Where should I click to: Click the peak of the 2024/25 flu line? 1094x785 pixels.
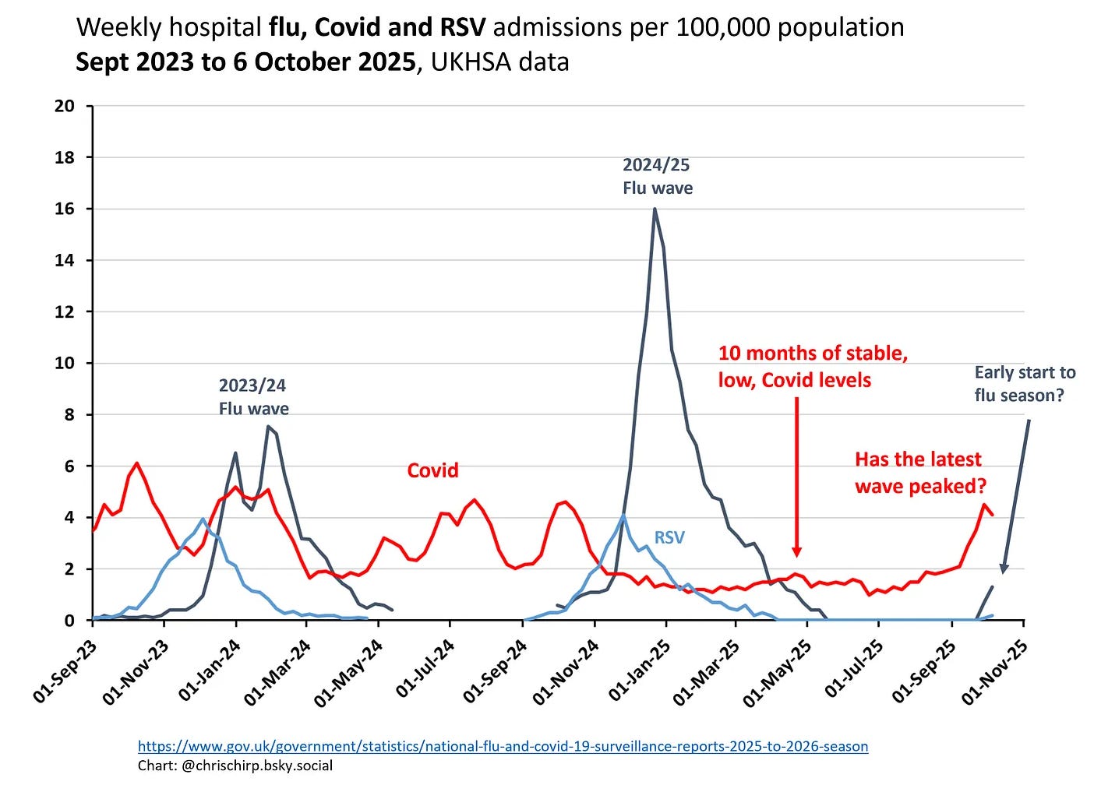coord(655,209)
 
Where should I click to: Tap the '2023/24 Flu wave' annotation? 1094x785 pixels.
coord(253,397)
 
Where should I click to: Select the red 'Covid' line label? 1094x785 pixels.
coord(432,470)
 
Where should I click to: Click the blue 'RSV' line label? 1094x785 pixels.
coord(669,537)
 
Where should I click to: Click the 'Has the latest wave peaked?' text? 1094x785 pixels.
coord(920,473)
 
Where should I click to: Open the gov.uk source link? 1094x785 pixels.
coord(503,746)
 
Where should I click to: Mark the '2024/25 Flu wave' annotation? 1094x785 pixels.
coord(657,176)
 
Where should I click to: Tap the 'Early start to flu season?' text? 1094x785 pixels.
coord(1024,384)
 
